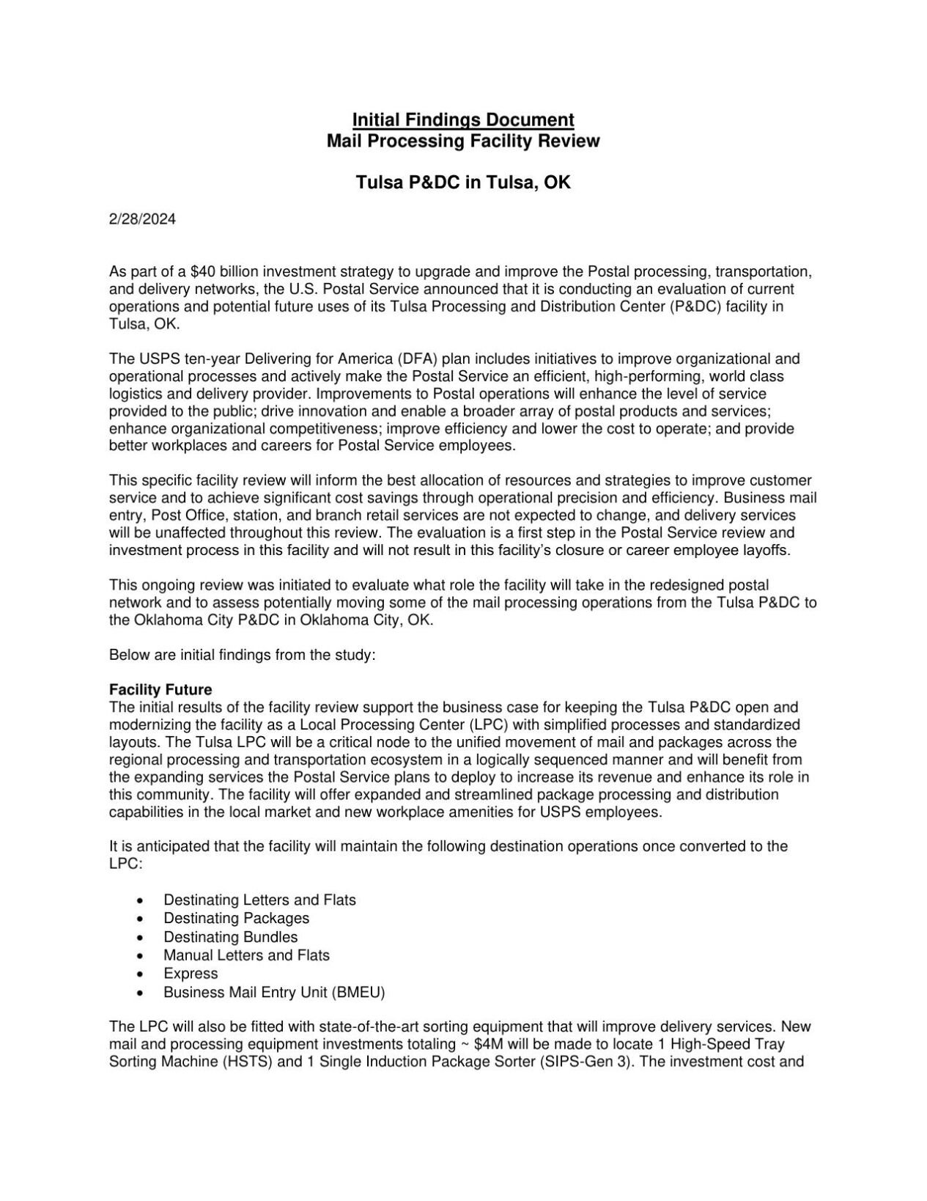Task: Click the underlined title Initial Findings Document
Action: [x=462, y=120]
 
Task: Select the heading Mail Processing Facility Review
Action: [x=462, y=141]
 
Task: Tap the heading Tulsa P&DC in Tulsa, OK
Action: [x=462, y=183]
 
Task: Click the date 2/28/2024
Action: [x=142, y=219]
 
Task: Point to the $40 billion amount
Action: [x=212, y=272]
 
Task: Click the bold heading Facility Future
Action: [x=160, y=690]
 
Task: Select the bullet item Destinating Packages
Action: [x=236, y=918]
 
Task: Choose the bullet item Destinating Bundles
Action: [x=230, y=937]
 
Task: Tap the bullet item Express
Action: [x=191, y=974]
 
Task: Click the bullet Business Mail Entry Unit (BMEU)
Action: [x=274, y=993]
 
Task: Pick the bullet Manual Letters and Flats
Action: [x=246, y=955]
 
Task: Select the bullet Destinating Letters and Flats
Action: [x=259, y=900]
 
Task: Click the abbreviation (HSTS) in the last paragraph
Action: [x=248, y=1062]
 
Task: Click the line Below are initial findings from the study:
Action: [x=242, y=655]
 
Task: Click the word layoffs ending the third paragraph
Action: [x=768, y=551]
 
